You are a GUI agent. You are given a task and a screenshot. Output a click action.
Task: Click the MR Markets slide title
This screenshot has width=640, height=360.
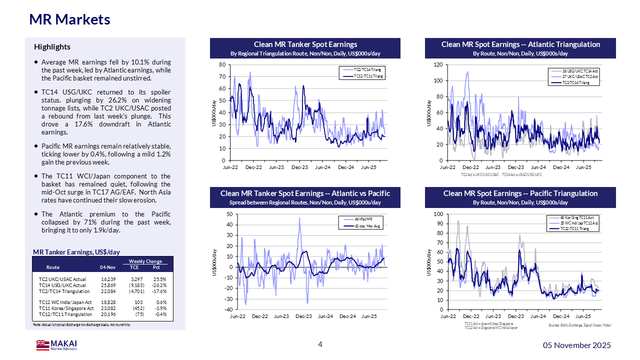pos(69,19)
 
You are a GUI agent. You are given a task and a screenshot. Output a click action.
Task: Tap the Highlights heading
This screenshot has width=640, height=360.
pos(52,47)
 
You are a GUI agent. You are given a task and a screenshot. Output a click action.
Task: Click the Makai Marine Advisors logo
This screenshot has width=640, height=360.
pos(56,345)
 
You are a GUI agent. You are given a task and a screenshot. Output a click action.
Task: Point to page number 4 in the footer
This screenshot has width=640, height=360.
pos(320,344)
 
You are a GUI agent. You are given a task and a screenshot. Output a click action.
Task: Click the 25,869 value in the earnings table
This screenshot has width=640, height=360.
pos(108,285)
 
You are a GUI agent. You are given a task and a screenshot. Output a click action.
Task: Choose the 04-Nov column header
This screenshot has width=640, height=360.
pos(108,267)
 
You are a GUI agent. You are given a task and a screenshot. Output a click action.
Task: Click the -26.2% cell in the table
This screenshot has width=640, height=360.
pos(159,285)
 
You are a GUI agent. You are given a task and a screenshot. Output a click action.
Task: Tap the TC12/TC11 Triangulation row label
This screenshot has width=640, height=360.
pos(65,314)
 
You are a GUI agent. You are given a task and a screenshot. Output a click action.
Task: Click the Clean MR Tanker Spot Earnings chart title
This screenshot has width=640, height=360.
pos(305,44)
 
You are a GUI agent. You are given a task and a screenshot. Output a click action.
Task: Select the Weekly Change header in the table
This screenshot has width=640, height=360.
pos(145,261)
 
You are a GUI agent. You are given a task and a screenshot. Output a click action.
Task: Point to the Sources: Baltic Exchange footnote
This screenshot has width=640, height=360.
pos(579,325)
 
